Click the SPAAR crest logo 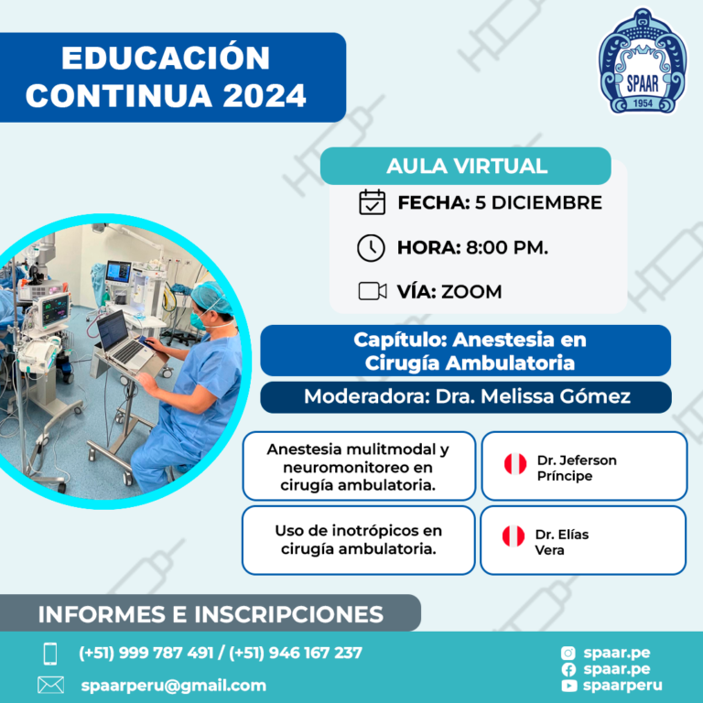642,61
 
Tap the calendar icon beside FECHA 372,202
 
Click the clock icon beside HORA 371,247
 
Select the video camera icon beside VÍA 373,291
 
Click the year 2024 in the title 264,96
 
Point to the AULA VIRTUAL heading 467,166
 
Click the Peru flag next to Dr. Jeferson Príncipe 515,464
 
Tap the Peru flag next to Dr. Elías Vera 514,536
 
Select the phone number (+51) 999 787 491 146,653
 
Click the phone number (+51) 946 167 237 296,653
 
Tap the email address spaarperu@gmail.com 174,686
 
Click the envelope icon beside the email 50,685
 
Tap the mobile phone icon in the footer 50,654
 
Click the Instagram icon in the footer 568,654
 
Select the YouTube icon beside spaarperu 568,686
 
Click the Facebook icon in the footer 568,669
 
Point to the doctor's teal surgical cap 211,297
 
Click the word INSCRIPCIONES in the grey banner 288,614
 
